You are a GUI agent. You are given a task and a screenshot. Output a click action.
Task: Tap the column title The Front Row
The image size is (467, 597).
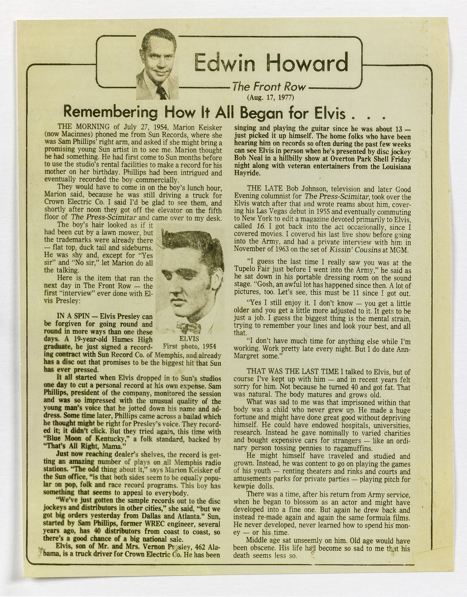point(270,87)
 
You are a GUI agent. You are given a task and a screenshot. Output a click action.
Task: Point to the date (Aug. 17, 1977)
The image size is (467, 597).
point(270,97)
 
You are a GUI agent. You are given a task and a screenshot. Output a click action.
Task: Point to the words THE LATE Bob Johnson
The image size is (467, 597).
point(283,189)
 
